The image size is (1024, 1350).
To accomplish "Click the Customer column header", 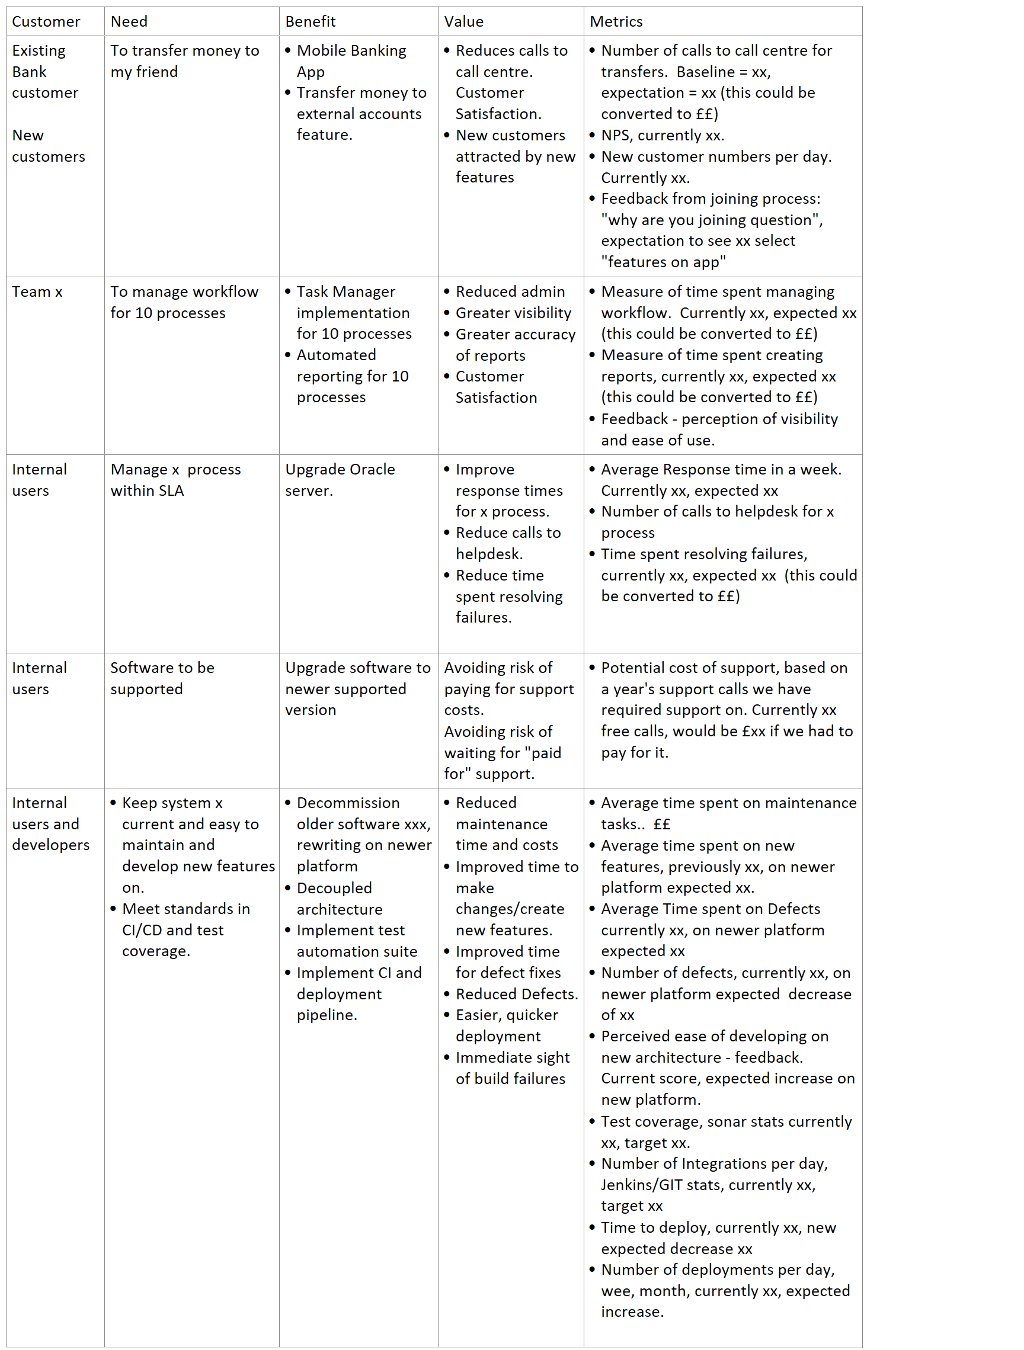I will click(x=46, y=21).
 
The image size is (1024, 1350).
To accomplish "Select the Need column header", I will click(x=129, y=21).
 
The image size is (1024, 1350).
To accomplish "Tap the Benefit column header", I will click(x=310, y=21).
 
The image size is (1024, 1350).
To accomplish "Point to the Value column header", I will click(x=463, y=21).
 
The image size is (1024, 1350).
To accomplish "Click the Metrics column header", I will click(x=616, y=21).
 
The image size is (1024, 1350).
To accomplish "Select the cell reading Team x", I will click(x=37, y=291).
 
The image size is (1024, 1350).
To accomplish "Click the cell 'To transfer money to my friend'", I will click(x=184, y=61).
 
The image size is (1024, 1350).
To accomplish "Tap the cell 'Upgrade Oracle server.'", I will click(x=340, y=480).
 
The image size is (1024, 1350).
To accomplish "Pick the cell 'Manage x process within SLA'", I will click(x=175, y=480).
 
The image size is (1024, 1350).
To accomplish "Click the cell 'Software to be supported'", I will click(x=162, y=678).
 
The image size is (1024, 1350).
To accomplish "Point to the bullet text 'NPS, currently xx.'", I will click(x=663, y=135).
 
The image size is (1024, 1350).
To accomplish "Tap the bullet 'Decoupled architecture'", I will click(x=340, y=899).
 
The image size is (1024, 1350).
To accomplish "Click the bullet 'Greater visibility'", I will click(x=513, y=313).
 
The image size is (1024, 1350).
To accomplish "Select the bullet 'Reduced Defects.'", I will click(x=516, y=994).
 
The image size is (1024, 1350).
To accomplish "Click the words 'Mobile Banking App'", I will click(x=351, y=61).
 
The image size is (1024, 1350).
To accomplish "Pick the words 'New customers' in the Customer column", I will click(x=48, y=146).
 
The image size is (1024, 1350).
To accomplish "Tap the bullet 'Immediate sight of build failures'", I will click(x=511, y=1068).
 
